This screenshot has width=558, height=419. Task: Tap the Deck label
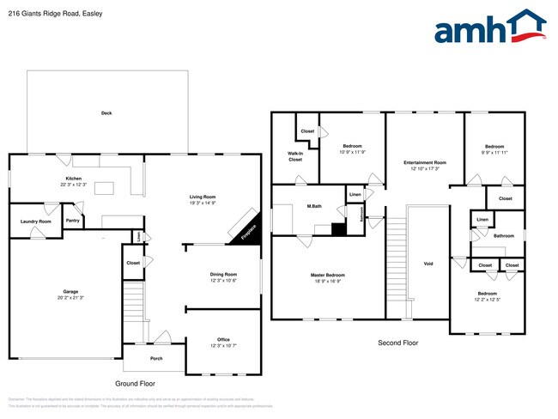pyautogui.click(x=106, y=113)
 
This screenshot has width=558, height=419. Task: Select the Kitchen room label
pyautogui.click(x=72, y=179)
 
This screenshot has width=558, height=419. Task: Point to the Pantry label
pyautogui.click(x=73, y=221)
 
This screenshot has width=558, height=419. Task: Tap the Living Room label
pyautogui.click(x=203, y=197)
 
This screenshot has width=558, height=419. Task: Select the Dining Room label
pyautogui.click(x=223, y=275)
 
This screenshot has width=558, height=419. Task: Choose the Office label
pyautogui.click(x=223, y=342)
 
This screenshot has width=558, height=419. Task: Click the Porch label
pyautogui.click(x=156, y=359)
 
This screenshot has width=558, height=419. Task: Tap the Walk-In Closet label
pyautogui.click(x=295, y=156)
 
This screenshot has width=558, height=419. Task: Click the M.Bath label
pyautogui.click(x=313, y=207)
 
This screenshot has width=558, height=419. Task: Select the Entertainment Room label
pyautogui.click(x=425, y=163)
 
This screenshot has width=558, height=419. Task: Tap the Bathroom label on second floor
pyautogui.click(x=504, y=235)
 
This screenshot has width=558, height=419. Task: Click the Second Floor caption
pyautogui.click(x=398, y=343)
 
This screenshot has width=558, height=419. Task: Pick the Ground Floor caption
pyautogui.click(x=136, y=383)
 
